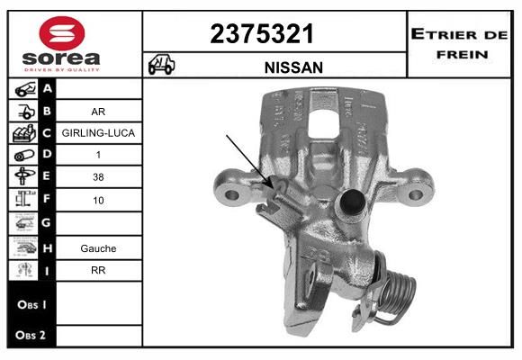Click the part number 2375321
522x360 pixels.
262,34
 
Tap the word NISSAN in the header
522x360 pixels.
293,67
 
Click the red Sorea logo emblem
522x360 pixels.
62,33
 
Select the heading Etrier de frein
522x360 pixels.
459,44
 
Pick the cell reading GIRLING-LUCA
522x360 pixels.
98,133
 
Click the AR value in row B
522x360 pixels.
98,112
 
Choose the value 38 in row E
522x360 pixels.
98,176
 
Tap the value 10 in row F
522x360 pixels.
98,200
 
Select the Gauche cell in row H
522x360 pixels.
98,248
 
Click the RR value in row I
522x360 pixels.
98,270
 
